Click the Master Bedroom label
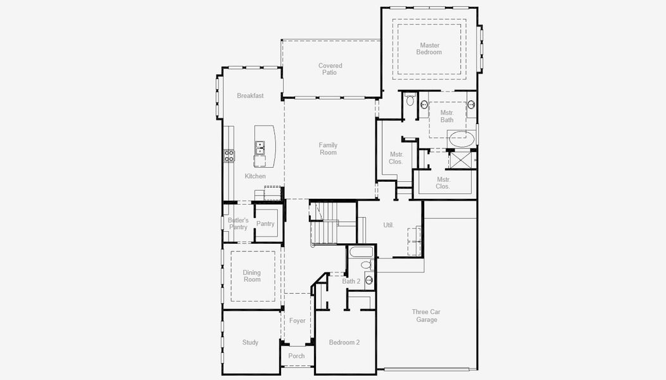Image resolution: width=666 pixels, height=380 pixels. pos(429,49)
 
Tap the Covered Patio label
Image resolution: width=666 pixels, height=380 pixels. pos(330,69)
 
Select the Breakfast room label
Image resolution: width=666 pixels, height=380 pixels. pos(250,96)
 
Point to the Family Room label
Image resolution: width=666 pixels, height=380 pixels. pos(328,149)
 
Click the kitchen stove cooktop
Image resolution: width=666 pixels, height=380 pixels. pos(229,156)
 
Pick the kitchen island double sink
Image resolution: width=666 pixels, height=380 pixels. pos(260,148)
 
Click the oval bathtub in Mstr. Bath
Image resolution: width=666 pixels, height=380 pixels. pos(462,139)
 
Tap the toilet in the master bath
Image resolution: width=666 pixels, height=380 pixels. pos(410,99)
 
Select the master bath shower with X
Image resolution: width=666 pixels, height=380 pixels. pos(459,160)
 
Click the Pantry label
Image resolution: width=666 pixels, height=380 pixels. pos(265,224)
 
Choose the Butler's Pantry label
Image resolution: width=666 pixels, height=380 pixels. pos(238,224)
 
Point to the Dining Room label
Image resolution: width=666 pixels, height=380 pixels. pos(252,276)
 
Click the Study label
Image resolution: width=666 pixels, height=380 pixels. pos(250,342)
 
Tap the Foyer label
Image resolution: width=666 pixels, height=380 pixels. pos(298,320)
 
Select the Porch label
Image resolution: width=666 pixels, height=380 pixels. pos(296,356)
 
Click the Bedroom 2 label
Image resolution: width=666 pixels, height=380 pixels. pos(344,342)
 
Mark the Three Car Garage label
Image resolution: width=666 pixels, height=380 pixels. pos(426,316)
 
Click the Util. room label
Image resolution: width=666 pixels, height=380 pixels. pos(389,225)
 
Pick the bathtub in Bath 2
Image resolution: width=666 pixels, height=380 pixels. pos(361,252)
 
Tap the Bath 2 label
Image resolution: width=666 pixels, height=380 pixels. pos(351,281)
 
